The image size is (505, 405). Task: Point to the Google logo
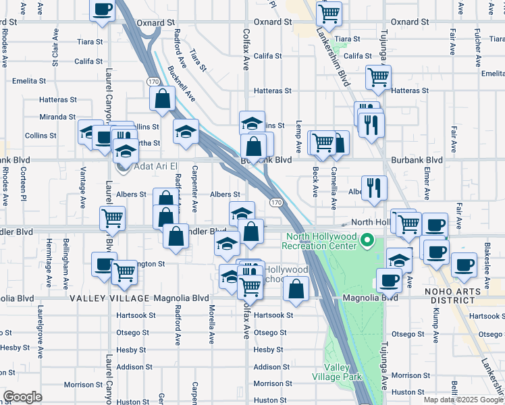pyautogui.click(x=22, y=397)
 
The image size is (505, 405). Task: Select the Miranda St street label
pyautogui.click(x=57, y=117)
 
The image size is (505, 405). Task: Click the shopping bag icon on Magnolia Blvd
pyautogui.click(x=296, y=289)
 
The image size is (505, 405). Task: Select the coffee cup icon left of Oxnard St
pyautogui.click(x=103, y=10)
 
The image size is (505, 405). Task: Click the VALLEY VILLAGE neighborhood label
pyautogui.click(x=109, y=298)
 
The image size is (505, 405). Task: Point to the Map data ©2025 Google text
pyautogui.click(x=463, y=400)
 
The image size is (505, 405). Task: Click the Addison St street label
pyautogui.click(x=271, y=367)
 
